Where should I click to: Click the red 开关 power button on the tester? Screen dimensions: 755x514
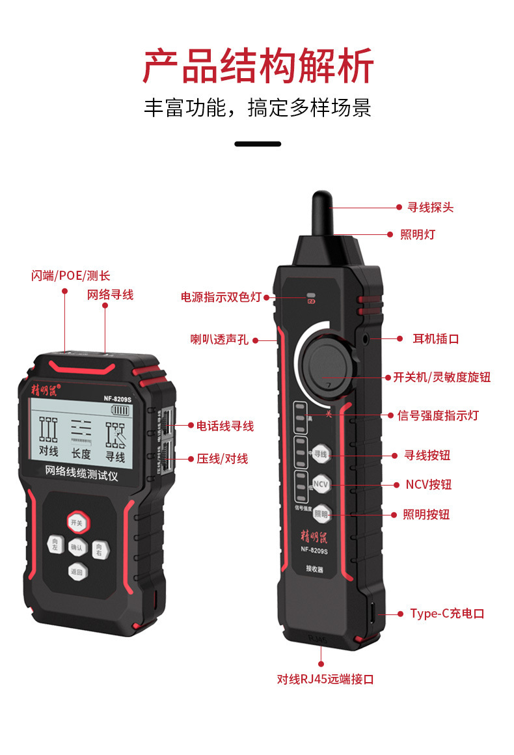pyautogui.click(x=77, y=523)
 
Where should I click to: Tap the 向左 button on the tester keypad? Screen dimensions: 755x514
pyautogui.click(x=55, y=544)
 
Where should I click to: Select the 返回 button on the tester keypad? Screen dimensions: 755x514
pyautogui.click(x=77, y=572)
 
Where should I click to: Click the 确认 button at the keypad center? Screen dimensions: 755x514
pyautogui.click(x=77, y=547)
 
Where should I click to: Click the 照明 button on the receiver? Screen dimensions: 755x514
pyautogui.click(x=321, y=514)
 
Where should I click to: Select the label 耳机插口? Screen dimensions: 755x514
pyautogui.click(x=436, y=338)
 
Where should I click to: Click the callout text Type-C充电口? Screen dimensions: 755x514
pyautogui.click(x=447, y=614)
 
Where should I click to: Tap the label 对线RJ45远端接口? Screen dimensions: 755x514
pyautogui.click(x=325, y=679)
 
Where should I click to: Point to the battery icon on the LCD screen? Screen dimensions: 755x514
pyautogui.click(x=120, y=410)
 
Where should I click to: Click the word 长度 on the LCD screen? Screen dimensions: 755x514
pyautogui.click(x=81, y=454)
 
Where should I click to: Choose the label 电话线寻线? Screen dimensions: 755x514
pyautogui.click(x=225, y=426)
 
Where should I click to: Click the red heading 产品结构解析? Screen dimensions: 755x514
pyautogui.click(x=258, y=66)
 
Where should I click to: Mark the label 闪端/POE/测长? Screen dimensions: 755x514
pyautogui.click(x=71, y=276)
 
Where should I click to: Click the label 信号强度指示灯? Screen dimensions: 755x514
pyautogui.click(x=438, y=415)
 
